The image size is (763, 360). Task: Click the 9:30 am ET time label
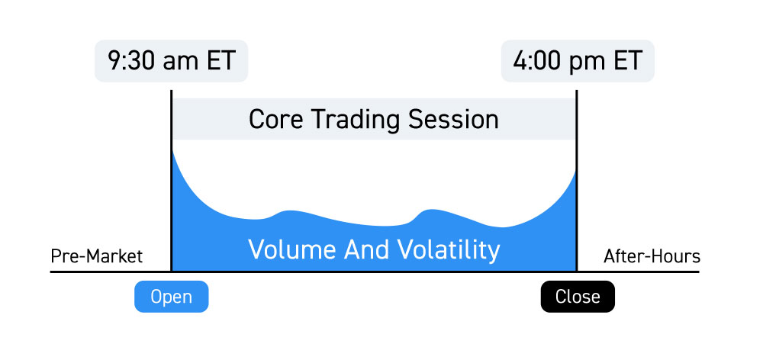tap(171, 61)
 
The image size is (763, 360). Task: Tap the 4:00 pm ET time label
tap(578, 61)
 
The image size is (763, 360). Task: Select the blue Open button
tap(171, 296)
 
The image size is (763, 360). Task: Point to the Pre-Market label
tap(97, 256)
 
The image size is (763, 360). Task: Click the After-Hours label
tap(652, 256)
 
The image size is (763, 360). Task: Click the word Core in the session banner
tap(276, 119)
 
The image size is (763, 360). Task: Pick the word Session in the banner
tap(453, 119)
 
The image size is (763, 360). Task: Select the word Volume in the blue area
tap(292, 249)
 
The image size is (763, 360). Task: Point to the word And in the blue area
tap(366, 249)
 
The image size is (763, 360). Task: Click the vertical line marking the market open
tap(171, 181)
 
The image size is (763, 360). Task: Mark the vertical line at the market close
tap(577, 181)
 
